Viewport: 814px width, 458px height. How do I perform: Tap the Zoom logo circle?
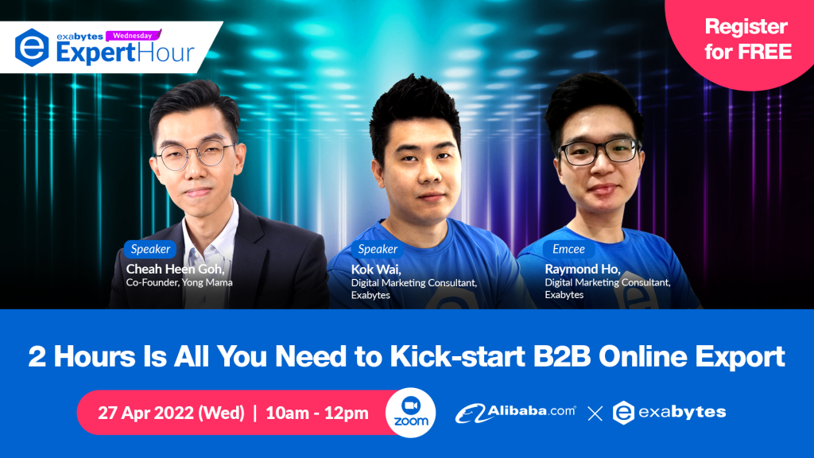coord(410,413)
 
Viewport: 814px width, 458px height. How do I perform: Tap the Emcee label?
coord(568,249)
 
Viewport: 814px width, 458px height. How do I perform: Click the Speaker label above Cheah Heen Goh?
coord(150,249)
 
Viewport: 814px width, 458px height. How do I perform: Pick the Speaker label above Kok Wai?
coord(378,249)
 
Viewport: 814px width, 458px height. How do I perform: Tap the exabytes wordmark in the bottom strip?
coord(682,412)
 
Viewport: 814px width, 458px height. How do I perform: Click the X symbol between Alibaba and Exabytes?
coord(595,413)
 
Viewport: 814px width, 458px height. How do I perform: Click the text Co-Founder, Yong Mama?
coord(179,282)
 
